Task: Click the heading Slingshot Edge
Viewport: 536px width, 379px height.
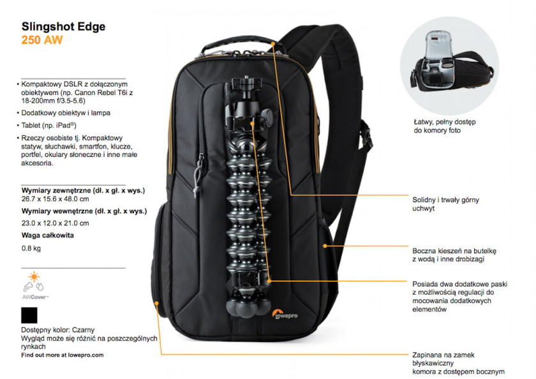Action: tap(64, 27)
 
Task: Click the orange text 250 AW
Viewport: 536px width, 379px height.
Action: tap(42, 40)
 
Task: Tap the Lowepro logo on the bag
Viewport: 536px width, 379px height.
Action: tap(285, 315)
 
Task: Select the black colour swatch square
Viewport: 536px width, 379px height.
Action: tap(29, 315)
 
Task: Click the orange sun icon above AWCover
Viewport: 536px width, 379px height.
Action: tap(34, 276)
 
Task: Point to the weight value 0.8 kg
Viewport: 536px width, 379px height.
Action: tap(31, 248)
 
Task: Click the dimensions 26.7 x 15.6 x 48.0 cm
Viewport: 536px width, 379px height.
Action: tap(56, 199)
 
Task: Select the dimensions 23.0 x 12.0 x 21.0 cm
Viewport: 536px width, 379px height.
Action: tap(56, 223)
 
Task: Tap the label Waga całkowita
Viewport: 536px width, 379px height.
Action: tap(47, 235)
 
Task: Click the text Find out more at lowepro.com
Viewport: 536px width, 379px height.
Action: tap(63, 355)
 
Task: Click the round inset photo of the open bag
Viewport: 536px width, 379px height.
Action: tap(449, 66)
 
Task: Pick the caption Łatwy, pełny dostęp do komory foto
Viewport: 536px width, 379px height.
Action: tap(444, 126)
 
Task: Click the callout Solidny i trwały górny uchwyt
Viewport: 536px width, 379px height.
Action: tap(446, 204)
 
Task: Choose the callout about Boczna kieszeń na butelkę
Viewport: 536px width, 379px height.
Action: tap(454, 255)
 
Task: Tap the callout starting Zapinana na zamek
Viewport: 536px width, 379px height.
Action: tap(458, 363)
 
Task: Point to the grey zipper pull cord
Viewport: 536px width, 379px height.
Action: tap(197, 176)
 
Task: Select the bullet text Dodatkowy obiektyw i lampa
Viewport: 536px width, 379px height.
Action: tap(66, 113)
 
